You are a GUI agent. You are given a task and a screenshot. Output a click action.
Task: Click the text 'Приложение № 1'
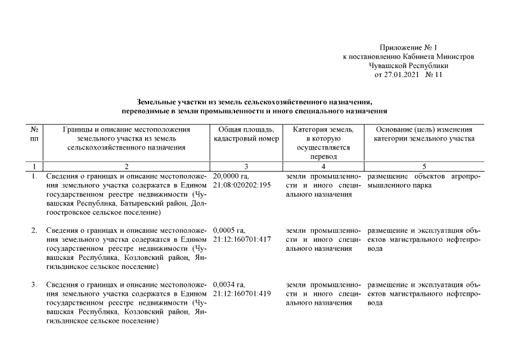(408, 48)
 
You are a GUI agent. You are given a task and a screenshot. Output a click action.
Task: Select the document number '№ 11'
(434, 75)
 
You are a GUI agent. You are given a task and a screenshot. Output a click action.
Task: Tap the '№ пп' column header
(34, 134)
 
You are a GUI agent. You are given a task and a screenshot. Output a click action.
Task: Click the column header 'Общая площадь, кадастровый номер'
(246, 134)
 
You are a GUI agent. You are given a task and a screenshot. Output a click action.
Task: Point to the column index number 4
(323, 166)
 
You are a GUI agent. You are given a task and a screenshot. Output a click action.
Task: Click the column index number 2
(126, 166)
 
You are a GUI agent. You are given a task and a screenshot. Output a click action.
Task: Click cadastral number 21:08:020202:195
(242, 185)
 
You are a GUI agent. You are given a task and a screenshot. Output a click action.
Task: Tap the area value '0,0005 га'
(229, 231)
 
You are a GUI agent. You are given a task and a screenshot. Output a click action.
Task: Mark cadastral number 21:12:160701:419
(242, 294)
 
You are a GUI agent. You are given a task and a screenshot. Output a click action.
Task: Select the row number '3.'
(34, 285)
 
